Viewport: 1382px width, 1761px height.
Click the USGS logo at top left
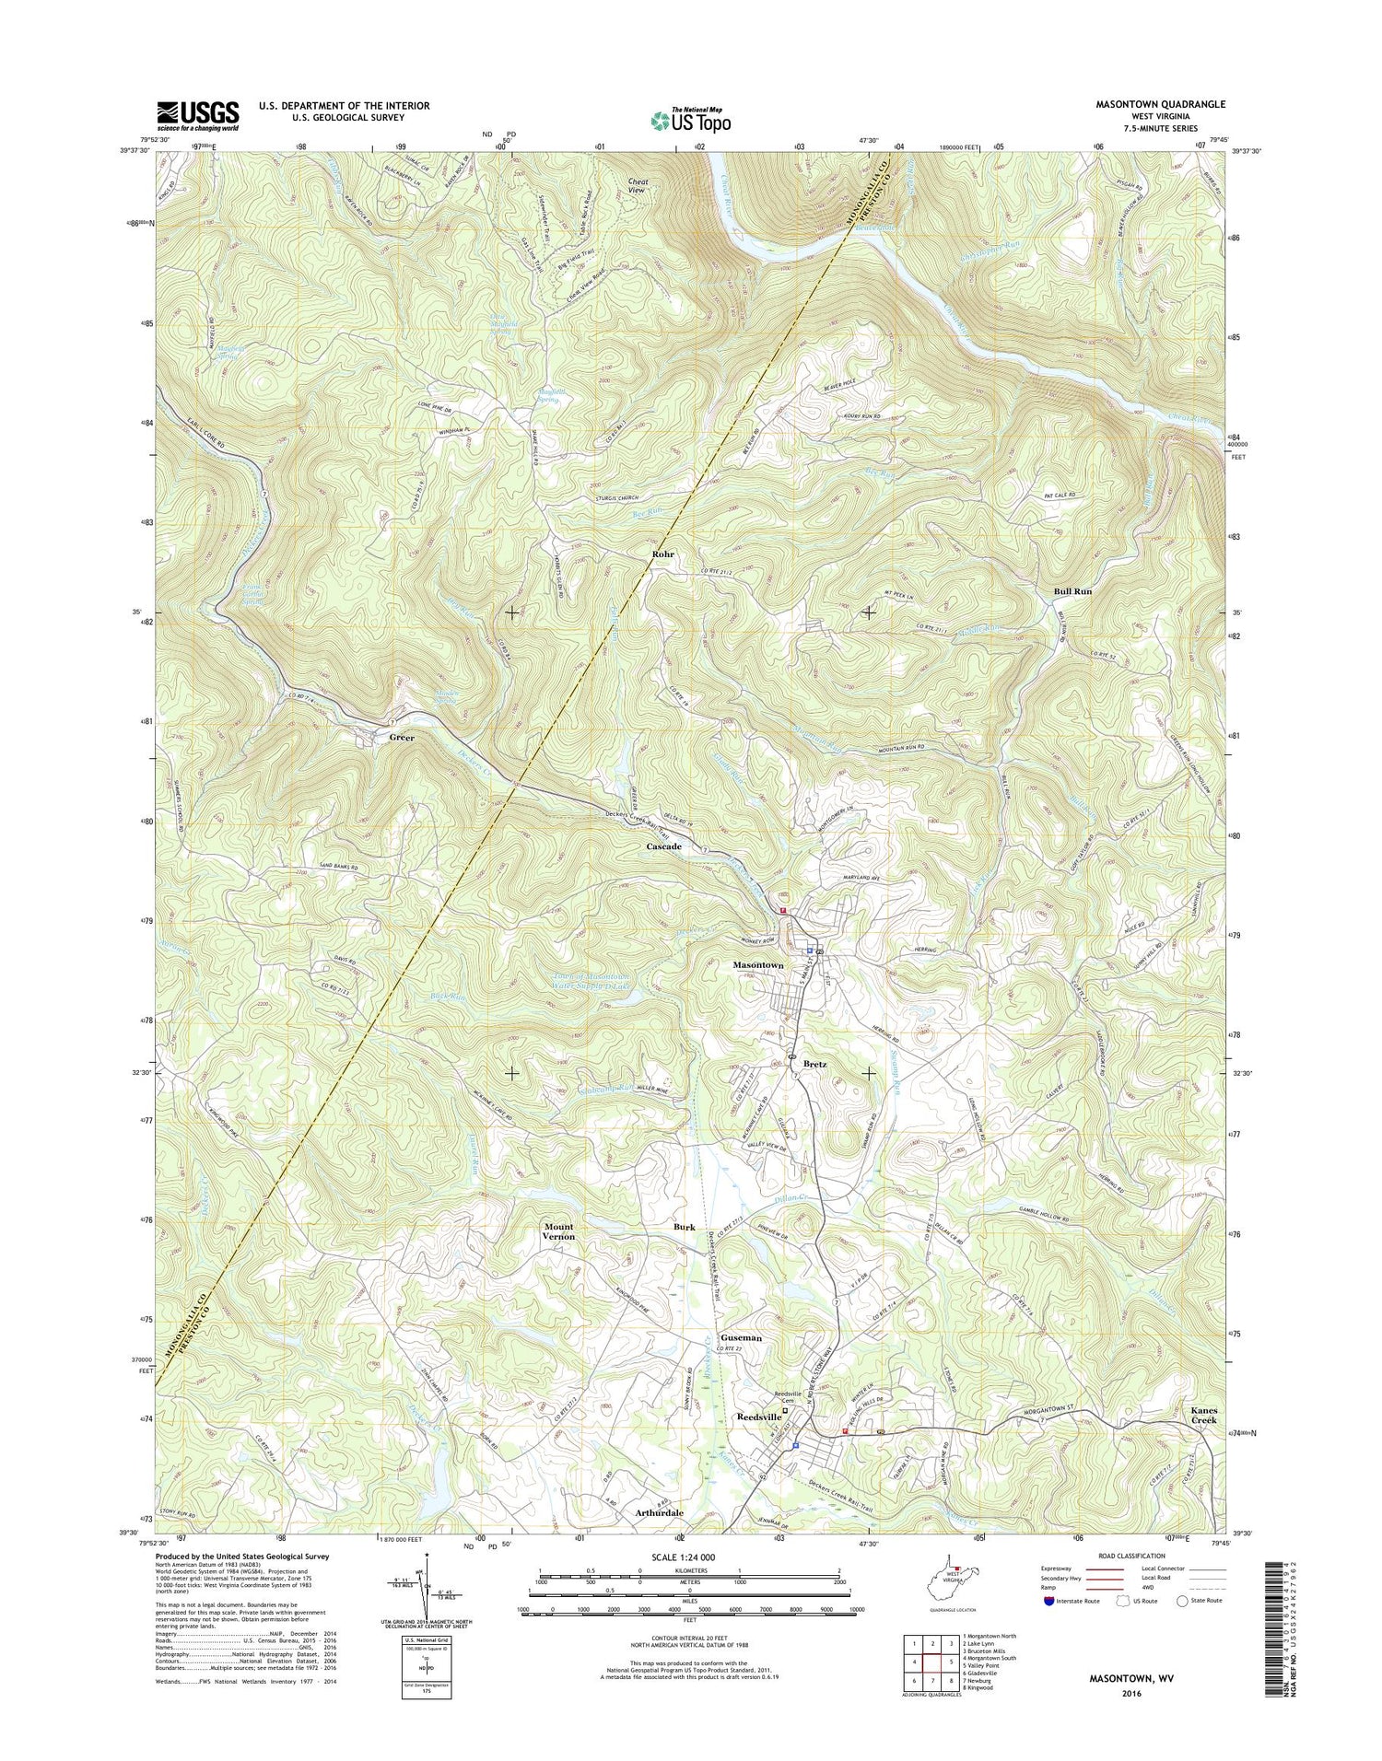coord(198,116)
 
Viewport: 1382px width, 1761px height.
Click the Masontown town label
coord(757,965)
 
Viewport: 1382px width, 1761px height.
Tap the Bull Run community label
coord(1072,590)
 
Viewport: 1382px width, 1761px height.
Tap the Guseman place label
coord(742,1337)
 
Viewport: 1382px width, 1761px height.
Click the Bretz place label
coord(814,1064)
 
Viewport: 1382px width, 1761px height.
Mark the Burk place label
coord(684,1227)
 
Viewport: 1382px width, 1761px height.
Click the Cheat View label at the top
coord(638,187)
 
